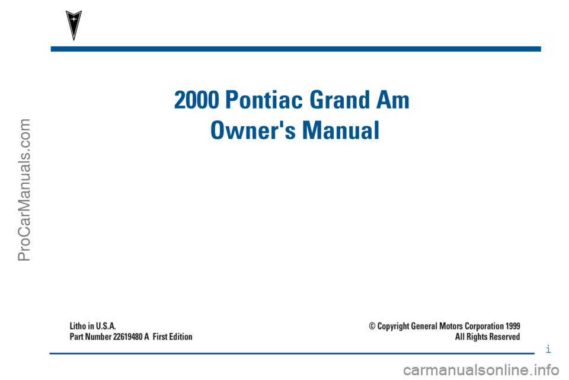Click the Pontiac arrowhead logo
(x=73, y=25)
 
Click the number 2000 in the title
(x=197, y=100)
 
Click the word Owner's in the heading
(x=253, y=130)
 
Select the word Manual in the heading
(x=341, y=130)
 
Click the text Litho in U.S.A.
(x=92, y=326)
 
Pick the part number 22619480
(x=128, y=337)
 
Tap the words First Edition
(x=172, y=337)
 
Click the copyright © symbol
(x=372, y=326)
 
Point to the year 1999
(x=513, y=326)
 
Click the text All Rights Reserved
(x=487, y=337)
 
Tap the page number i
(x=548, y=349)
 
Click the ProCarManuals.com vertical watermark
(x=24, y=190)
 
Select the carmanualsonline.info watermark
(x=481, y=371)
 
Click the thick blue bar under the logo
(x=296, y=49)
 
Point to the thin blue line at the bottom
(x=292, y=353)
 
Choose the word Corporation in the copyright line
(x=484, y=326)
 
